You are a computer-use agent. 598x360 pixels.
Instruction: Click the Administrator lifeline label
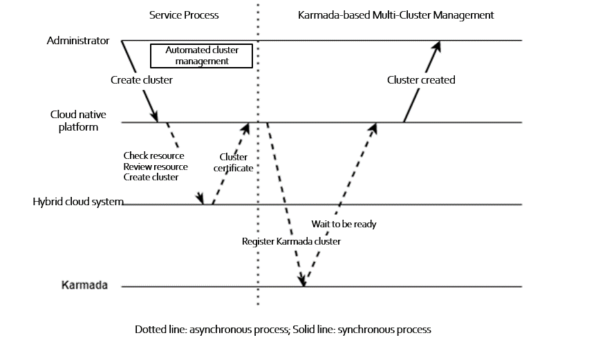pos(78,41)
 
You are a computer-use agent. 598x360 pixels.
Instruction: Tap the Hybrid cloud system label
pos(77,202)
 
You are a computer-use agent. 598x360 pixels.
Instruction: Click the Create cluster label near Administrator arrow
pos(142,80)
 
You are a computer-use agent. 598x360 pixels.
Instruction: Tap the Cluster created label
pos(420,80)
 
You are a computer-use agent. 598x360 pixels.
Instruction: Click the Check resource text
pos(153,155)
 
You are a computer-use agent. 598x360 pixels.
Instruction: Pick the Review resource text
pos(155,167)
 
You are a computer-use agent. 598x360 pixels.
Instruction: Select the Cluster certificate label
pos(233,162)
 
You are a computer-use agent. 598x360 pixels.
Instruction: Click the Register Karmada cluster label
pos(290,242)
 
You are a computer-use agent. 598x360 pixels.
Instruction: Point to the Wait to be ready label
pos(344,225)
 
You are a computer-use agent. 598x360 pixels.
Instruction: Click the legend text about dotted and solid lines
pos(283,330)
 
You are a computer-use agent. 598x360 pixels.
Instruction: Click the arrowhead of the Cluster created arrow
pos(437,46)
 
